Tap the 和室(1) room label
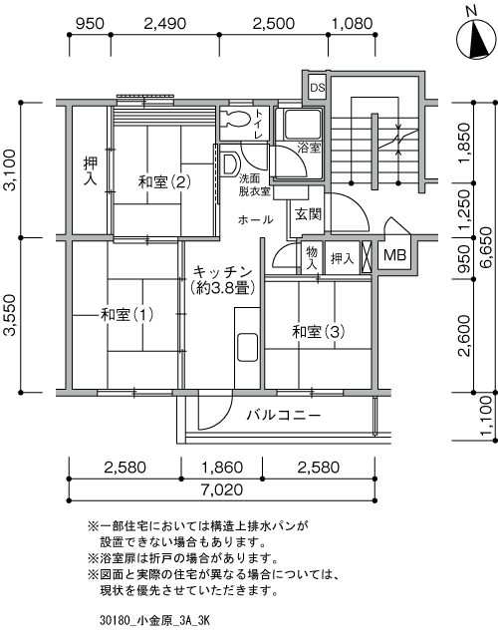click(127, 315)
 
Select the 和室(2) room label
click(164, 181)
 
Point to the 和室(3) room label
click(318, 331)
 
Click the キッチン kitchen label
click(221, 271)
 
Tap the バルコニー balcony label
click(284, 414)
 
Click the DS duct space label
click(317, 87)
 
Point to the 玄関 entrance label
click(307, 213)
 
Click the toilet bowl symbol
click(236, 121)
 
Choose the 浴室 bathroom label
click(308, 148)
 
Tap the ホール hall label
click(255, 219)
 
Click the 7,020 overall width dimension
click(220, 488)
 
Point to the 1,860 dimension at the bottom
click(220, 468)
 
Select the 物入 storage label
click(312, 258)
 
